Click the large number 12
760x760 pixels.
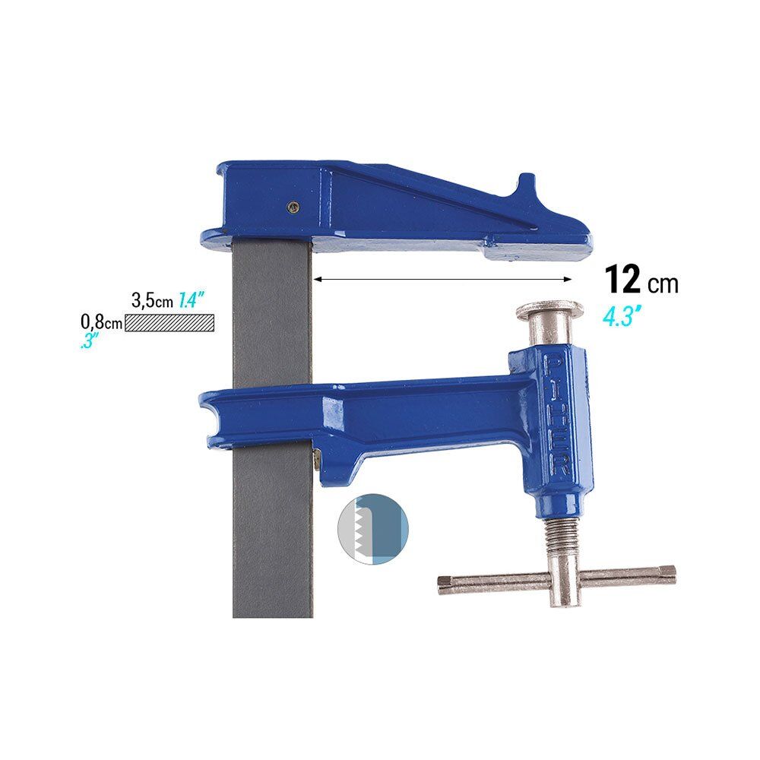click(622, 280)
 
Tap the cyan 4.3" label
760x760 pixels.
click(622, 318)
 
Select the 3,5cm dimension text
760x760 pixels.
click(152, 300)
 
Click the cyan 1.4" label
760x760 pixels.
click(190, 300)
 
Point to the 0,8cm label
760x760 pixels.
click(101, 321)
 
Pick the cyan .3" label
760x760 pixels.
click(89, 341)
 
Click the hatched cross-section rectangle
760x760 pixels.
click(169, 323)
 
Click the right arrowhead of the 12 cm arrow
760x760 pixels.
click(568, 279)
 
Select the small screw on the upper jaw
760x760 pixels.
click(293, 207)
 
